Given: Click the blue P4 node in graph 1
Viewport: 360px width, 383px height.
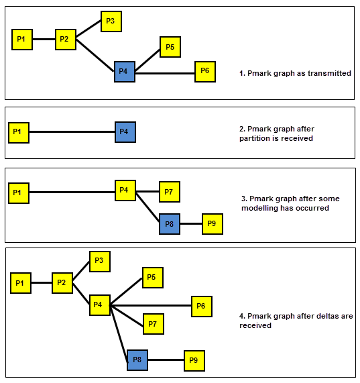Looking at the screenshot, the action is [x=125, y=72].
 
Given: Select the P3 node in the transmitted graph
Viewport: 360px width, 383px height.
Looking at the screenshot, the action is [x=111, y=21].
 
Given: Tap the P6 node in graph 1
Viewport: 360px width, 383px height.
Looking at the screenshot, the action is [x=205, y=72].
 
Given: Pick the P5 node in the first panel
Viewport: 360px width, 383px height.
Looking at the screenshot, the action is [x=170, y=47].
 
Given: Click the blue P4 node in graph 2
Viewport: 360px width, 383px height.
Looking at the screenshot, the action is [x=125, y=132].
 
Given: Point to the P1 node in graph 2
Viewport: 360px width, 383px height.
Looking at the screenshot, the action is [x=19, y=133].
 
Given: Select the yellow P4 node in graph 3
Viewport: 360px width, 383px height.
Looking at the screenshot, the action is [x=125, y=190].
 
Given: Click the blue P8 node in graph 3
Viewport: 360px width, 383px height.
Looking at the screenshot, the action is [x=170, y=224].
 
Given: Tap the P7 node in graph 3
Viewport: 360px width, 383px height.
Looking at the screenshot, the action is [x=170, y=192].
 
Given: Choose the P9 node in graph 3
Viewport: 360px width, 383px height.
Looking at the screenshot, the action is [x=213, y=224].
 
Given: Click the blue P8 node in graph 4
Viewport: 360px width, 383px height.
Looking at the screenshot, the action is [x=137, y=360].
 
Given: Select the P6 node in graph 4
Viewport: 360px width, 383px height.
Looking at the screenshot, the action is [x=202, y=307].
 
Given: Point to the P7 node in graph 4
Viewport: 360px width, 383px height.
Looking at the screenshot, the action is [x=154, y=324].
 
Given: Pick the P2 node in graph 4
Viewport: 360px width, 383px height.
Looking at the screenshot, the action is [x=62, y=283].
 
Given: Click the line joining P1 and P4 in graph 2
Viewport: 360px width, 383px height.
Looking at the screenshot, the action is [x=72, y=132].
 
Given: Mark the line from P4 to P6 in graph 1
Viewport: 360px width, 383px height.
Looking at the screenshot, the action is [x=165, y=73].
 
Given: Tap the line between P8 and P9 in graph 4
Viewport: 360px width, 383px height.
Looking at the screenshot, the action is [x=166, y=360].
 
